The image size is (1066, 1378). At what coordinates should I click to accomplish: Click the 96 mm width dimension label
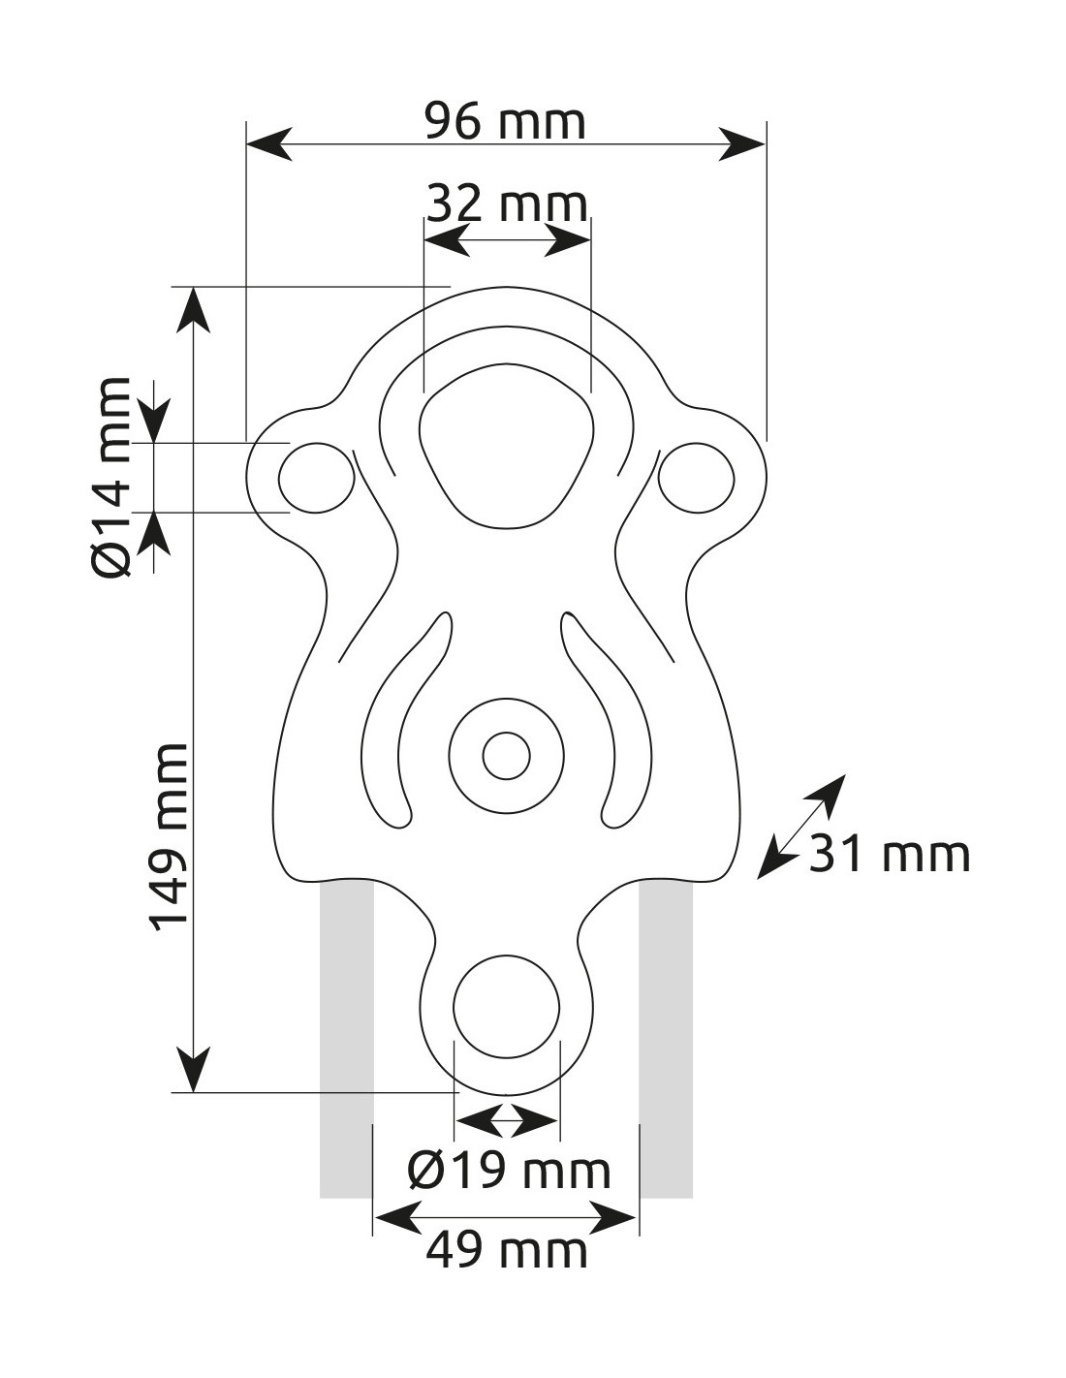506,123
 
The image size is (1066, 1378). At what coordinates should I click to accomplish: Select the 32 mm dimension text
507,204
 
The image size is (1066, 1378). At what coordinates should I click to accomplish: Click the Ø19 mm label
509,1172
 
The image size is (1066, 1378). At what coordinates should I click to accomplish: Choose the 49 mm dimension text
507,1251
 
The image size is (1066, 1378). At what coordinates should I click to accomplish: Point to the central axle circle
506,755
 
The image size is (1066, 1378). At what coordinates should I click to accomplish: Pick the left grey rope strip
346,1037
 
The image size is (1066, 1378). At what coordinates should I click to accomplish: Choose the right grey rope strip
666,1037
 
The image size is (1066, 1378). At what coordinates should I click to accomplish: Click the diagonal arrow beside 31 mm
800,827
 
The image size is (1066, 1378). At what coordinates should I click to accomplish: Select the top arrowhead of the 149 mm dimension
195,309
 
